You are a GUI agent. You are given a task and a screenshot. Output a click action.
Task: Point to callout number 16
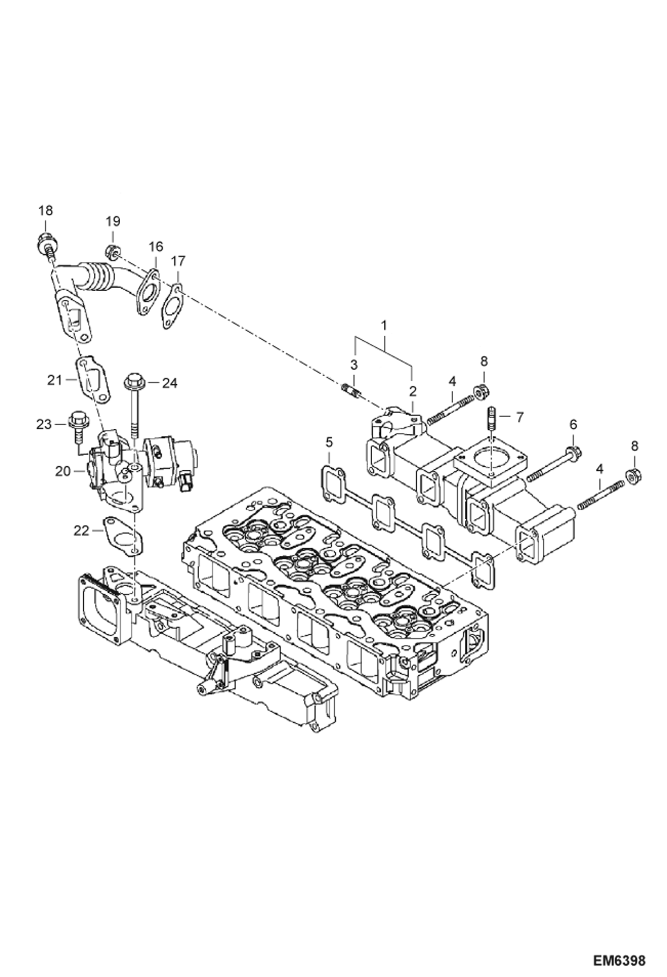click(x=156, y=246)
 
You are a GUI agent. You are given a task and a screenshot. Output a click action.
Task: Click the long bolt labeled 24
click(x=133, y=401)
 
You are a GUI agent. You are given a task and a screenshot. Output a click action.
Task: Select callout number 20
click(x=63, y=471)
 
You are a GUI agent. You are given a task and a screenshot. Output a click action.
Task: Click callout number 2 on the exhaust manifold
click(x=413, y=391)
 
